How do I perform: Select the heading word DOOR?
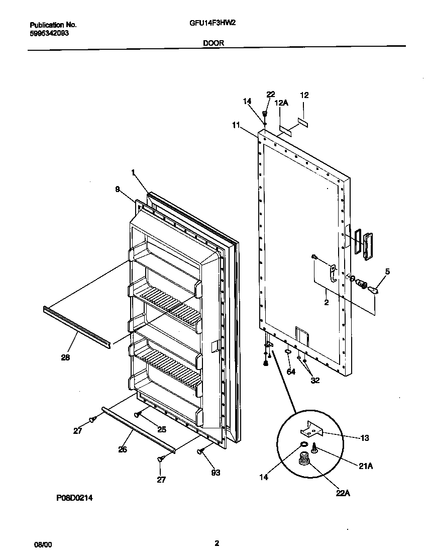(214, 43)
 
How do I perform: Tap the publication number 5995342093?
(49, 33)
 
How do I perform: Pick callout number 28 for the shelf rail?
(65, 357)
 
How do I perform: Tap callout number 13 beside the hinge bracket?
(365, 438)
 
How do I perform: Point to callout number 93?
(215, 473)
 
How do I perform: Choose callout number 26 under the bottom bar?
(122, 449)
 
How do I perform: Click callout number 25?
(161, 429)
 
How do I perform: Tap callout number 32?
(315, 380)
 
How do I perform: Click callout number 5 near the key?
(387, 271)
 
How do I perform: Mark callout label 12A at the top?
(281, 103)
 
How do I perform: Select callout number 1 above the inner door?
(133, 172)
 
